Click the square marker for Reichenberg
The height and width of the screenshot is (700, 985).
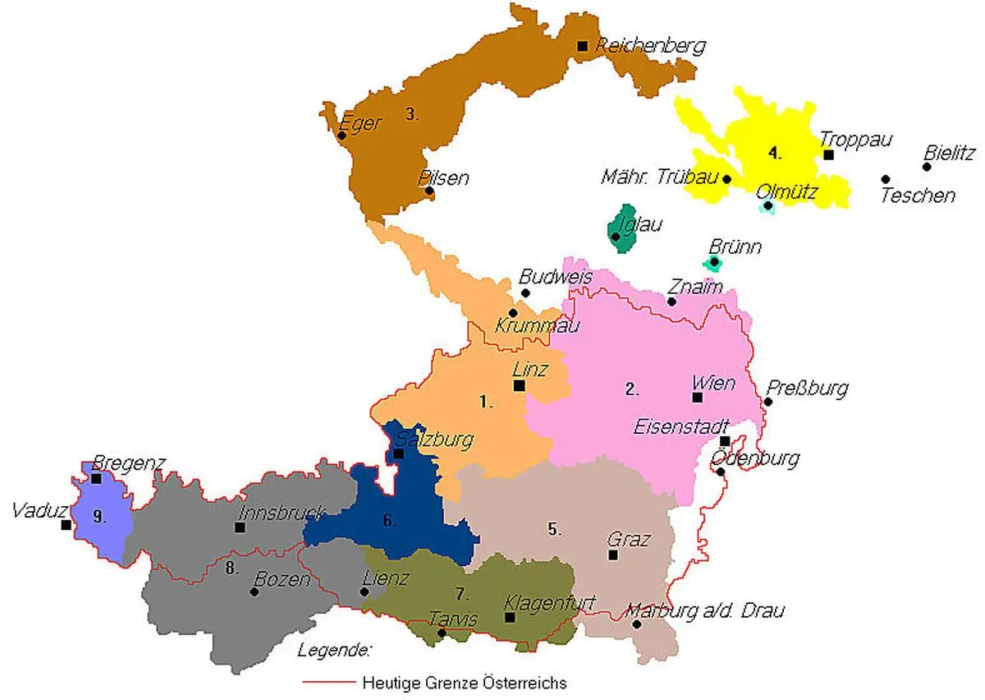(x=582, y=46)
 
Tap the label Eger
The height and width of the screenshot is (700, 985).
(x=361, y=124)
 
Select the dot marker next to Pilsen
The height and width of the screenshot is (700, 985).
(x=428, y=191)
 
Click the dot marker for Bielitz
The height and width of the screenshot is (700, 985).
(x=927, y=167)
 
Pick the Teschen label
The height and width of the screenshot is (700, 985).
(x=918, y=196)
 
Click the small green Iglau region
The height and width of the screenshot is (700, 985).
(x=623, y=229)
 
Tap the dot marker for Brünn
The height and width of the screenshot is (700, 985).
(x=714, y=262)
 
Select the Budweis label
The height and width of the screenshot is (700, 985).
(x=555, y=278)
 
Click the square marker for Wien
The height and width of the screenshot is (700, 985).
(x=697, y=398)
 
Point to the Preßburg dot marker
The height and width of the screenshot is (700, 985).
(x=767, y=402)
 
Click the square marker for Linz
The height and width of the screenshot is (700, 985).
(x=519, y=385)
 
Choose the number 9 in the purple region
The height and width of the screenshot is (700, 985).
(x=99, y=517)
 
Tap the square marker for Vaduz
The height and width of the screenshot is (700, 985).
(x=66, y=524)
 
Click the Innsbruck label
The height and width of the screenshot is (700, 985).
(x=281, y=512)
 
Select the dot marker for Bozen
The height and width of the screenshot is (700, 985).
(x=254, y=592)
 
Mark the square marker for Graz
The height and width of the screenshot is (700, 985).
(x=613, y=555)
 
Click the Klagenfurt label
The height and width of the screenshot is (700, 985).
(x=550, y=601)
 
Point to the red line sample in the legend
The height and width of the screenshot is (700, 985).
(x=328, y=682)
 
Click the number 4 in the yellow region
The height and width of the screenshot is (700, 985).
(x=774, y=153)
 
